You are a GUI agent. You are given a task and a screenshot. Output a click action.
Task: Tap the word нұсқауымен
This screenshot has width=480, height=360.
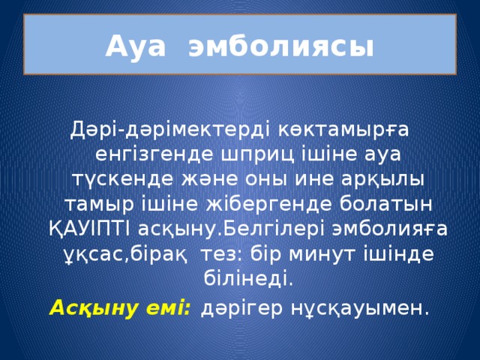(361, 308)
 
